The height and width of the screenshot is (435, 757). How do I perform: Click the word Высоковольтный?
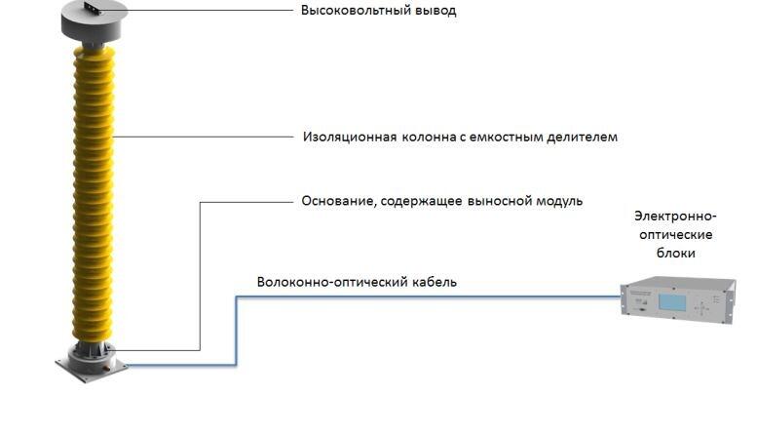356,10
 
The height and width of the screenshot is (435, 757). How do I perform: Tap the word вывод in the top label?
435,10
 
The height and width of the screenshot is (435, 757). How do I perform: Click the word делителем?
582,137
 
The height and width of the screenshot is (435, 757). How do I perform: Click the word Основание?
339,201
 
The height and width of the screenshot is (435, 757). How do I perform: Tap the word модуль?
558,201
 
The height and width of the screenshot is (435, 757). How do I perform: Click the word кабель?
435,282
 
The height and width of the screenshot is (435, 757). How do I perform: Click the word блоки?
675,253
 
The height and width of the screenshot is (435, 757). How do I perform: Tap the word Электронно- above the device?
675,216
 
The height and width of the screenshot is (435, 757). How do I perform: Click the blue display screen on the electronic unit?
672,302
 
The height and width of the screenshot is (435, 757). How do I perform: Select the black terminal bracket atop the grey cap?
93,8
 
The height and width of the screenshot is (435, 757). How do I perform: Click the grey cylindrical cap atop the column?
95,24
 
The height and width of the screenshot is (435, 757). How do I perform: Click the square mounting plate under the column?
92,369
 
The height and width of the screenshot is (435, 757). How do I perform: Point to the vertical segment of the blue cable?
236,331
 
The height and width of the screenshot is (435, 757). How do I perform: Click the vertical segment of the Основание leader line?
200,276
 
